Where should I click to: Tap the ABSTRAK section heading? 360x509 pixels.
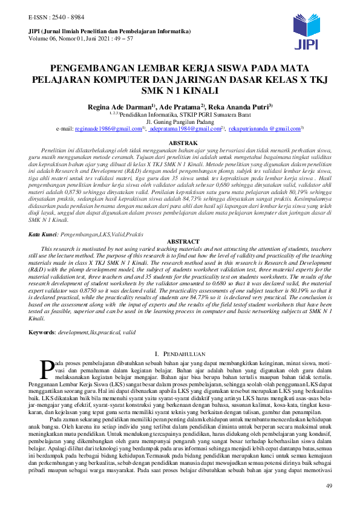point(180,143)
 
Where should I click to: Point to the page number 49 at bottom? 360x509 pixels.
point(330,486)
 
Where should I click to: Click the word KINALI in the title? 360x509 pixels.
point(198,91)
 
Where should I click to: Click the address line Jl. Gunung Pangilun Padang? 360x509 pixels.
point(180,121)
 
